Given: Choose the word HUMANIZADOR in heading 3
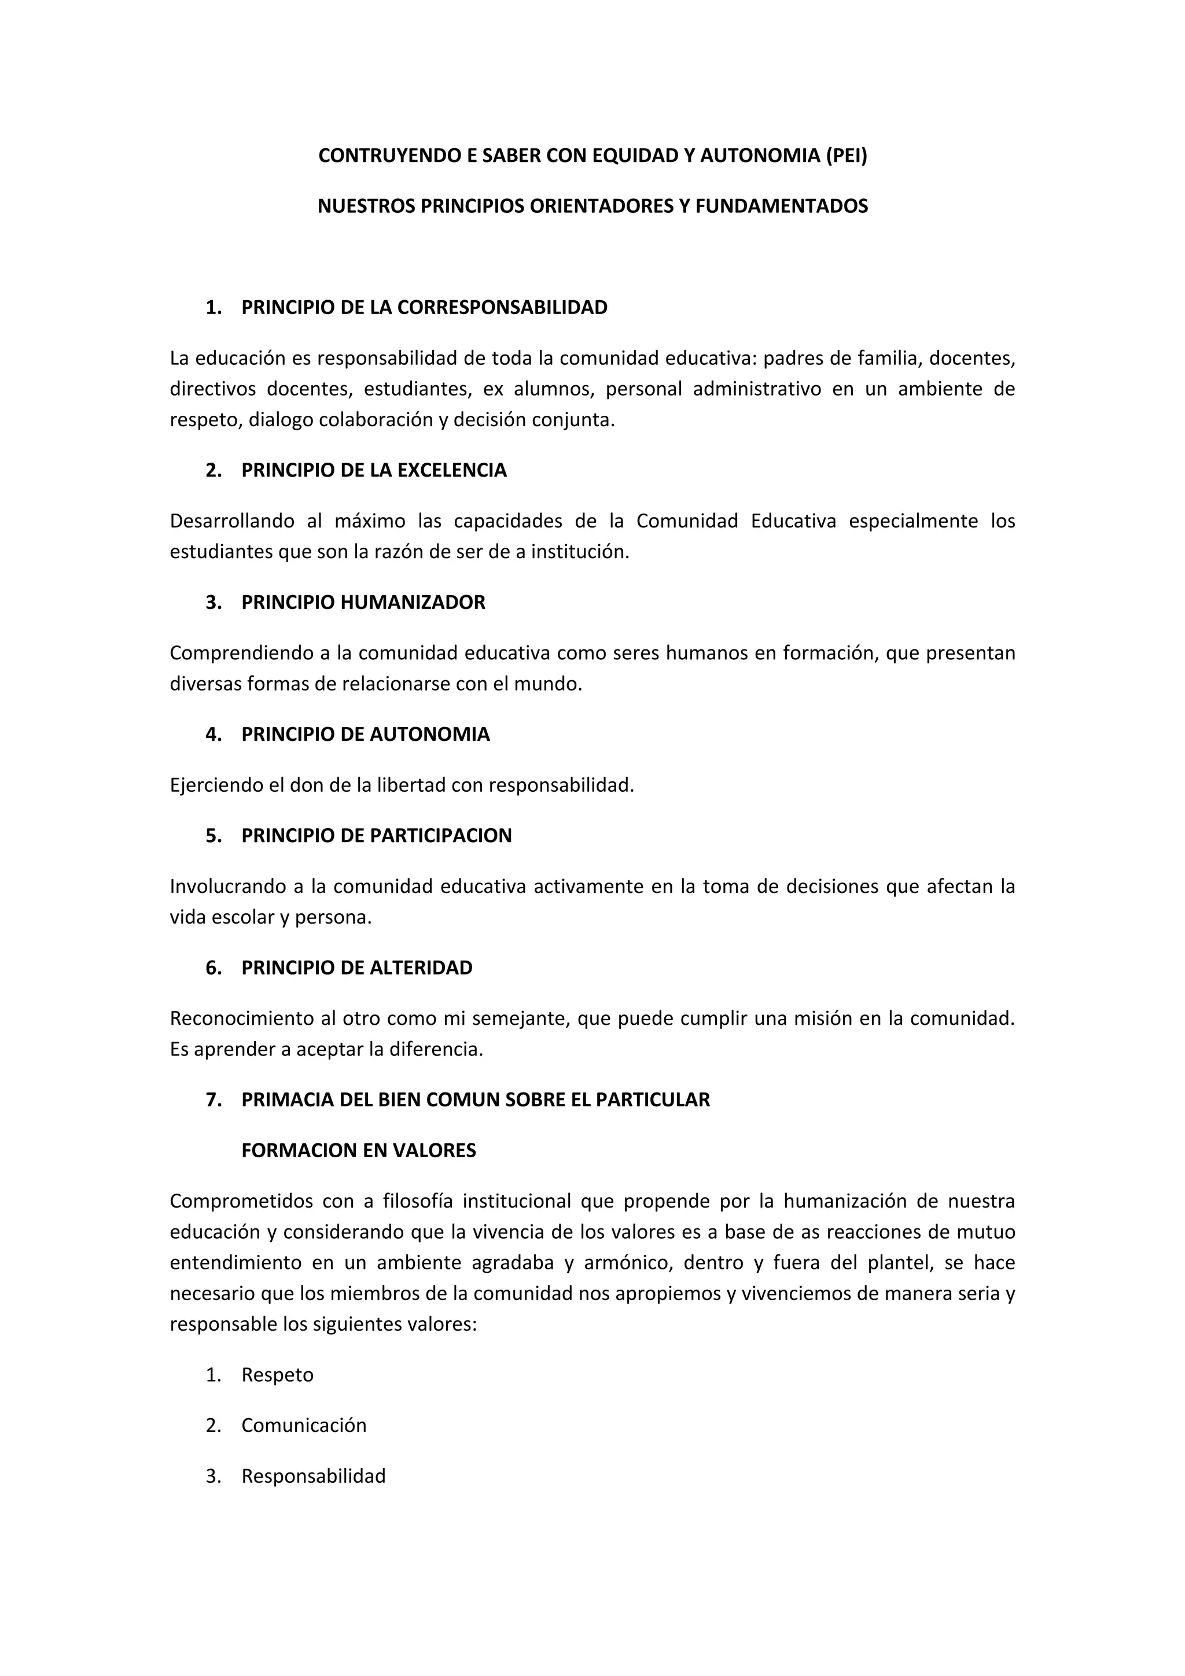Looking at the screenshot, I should tap(413, 602).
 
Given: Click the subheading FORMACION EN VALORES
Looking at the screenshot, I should tap(359, 1150).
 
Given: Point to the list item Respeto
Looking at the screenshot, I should tap(278, 1375).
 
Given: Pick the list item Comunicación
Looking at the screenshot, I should tap(304, 1425).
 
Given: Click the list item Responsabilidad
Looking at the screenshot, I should tap(313, 1476).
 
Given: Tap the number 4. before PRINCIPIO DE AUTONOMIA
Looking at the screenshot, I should tap(213, 734).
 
